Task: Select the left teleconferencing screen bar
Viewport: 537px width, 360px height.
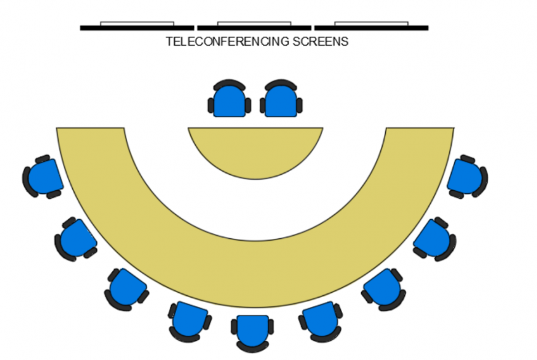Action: coord(136,27)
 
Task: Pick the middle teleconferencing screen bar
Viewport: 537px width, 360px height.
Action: coord(253,27)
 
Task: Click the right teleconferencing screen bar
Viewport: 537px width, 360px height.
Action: coord(371,27)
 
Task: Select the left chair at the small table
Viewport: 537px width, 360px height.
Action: coord(229,101)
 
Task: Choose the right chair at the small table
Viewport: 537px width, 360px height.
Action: coord(281,101)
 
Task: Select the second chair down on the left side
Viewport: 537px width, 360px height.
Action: coord(77,238)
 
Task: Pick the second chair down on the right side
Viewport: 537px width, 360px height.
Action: coord(434,238)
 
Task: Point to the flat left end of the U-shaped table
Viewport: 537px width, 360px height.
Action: coord(90,129)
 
